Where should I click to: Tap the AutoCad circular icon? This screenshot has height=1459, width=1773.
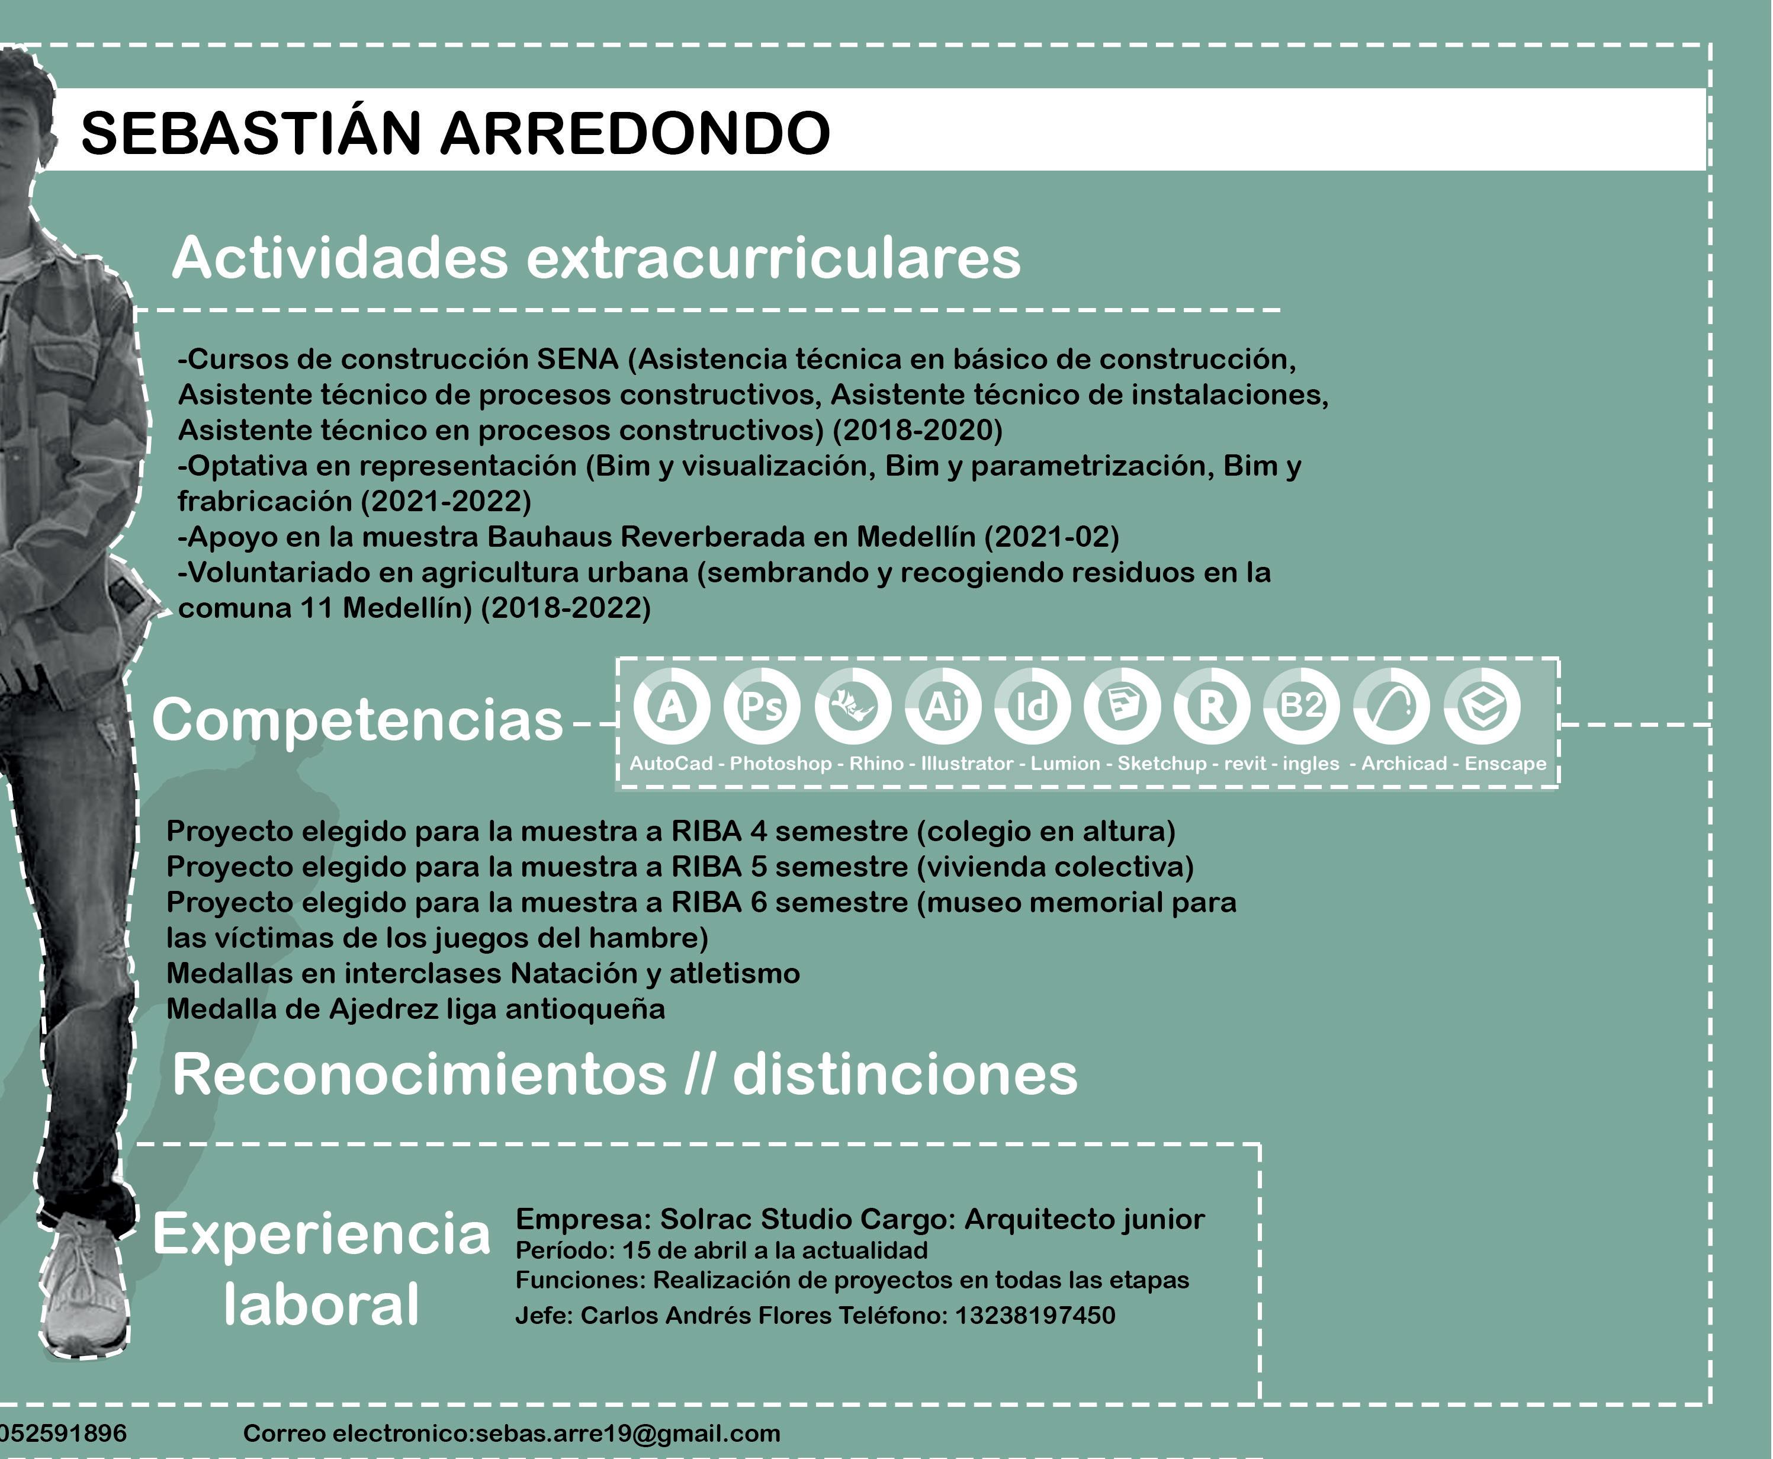coord(670,706)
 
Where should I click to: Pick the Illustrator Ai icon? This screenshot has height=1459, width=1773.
coord(943,706)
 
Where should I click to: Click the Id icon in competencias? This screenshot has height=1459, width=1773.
coord(1033,706)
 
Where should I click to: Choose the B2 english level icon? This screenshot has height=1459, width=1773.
coord(1302,706)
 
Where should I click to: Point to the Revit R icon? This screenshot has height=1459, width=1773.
coord(1212,706)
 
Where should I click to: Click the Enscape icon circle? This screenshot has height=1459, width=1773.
coord(1482,706)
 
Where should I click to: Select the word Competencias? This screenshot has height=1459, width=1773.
coord(357,720)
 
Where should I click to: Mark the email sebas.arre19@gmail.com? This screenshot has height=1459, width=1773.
coord(628,1433)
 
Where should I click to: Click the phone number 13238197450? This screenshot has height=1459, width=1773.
coord(1035,1315)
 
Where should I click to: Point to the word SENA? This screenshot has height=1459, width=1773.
coord(577,360)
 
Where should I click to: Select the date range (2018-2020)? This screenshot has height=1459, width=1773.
coord(918,430)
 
